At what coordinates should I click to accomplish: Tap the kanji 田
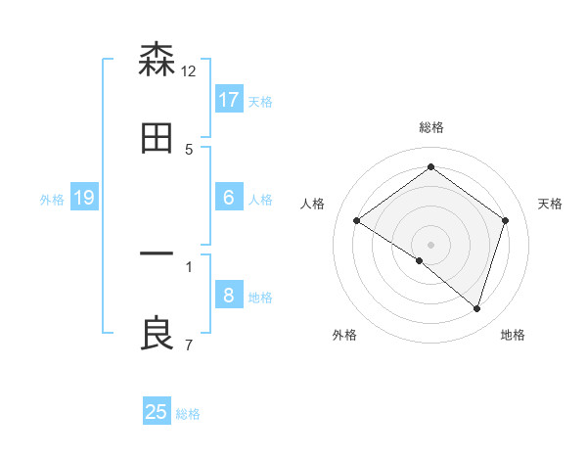pyautogui.click(x=157, y=138)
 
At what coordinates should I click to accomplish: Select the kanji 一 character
pyautogui.click(x=157, y=254)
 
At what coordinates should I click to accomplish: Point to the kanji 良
pyautogui.click(x=157, y=333)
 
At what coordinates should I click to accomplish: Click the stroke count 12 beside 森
pyautogui.click(x=189, y=70)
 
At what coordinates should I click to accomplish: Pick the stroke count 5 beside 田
pyautogui.click(x=189, y=149)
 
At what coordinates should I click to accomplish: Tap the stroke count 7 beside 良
pyautogui.click(x=189, y=345)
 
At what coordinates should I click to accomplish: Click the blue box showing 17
pyautogui.click(x=229, y=99)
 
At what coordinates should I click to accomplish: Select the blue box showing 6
pyautogui.click(x=229, y=198)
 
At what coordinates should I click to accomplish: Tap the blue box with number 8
pyautogui.click(x=229, y=296)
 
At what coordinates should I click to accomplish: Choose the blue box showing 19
pyautogui.click(x=84, y=198)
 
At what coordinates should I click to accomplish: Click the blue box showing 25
pyautogui.click(x=157, y=412)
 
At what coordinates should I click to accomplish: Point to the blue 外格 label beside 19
pyautogui.click(x=52, y=200)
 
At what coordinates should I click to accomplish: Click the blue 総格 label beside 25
pyautogui.click(x=188, y=414)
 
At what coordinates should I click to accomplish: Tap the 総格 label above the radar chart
pyautogui.click(x=431, y=127)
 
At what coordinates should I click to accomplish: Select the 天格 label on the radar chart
pyautogui.click(x=551, y=204)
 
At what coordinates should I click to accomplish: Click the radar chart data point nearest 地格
pyautogui.click(x=476, y=308)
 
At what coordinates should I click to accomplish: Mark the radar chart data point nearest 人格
pyautogui.click(x=357, y=220)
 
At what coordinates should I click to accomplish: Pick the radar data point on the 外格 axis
pyautogui.click(x=420, y=261)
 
